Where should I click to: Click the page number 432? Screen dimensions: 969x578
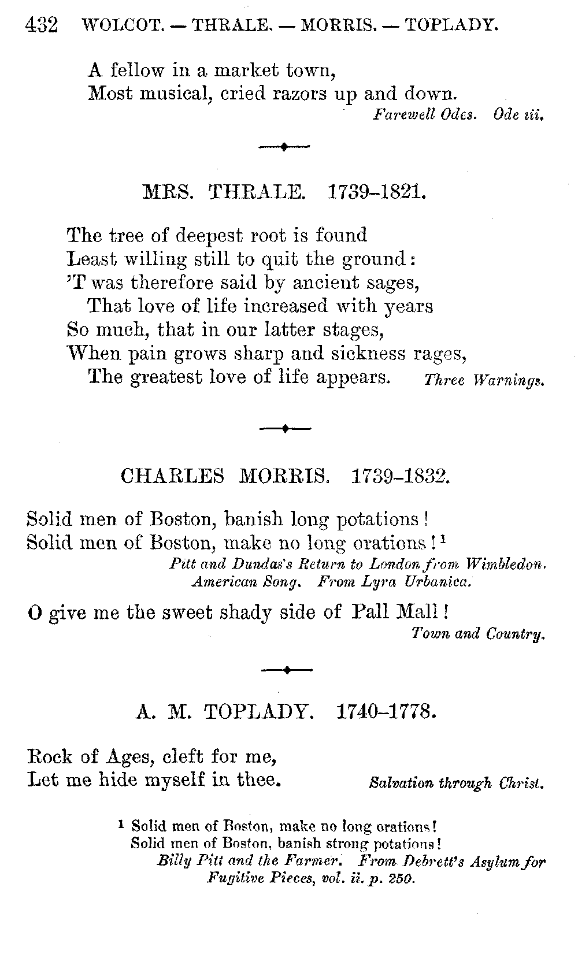(42, 25)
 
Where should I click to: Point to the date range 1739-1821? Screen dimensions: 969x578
(377, 192)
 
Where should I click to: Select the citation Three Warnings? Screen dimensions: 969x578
(484, 381)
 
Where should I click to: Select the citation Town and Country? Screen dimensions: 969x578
(479, 634)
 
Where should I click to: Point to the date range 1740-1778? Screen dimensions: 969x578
(385, 711)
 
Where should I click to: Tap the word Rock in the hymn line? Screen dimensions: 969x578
(49, 756)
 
